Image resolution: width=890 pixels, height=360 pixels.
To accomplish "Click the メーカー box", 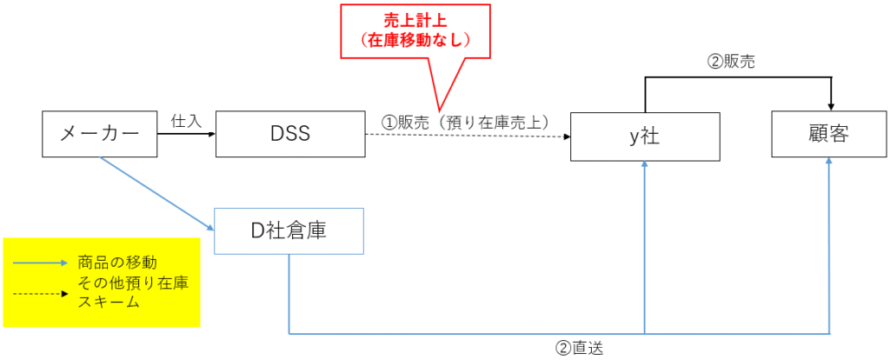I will point(100,134).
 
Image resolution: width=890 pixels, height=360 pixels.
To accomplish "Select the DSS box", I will point(290,134).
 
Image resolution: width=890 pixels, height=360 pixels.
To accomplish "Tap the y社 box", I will point(645,137).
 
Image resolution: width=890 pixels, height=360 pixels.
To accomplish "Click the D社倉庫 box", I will point(289,230).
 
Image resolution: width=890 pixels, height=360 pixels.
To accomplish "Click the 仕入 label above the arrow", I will point(186,121).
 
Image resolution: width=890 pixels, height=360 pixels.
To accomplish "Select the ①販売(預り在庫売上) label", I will point(468,123).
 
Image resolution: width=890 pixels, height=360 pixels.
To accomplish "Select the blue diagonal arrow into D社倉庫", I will point(156,192).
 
